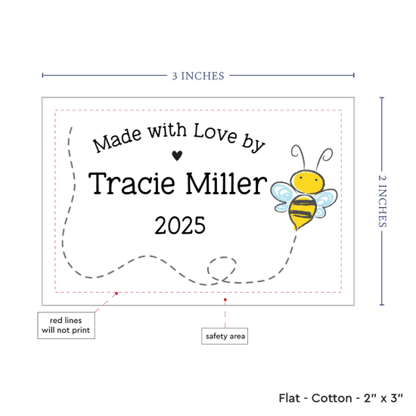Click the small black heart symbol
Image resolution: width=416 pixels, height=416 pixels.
(177, 156)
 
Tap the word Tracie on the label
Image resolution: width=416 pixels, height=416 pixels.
(132, 183)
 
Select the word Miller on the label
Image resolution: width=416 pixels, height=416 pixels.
(226, 183)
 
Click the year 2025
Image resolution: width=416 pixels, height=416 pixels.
(180, 225)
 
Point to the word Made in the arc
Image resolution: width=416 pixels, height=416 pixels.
(117, 139)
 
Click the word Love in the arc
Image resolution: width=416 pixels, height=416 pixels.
(215, 133)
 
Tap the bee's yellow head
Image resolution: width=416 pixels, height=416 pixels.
(308, 182)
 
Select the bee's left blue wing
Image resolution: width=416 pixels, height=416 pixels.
(282, 197)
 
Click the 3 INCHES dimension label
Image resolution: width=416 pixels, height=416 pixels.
(198, 76)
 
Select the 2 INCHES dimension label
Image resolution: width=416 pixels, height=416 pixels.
(382, 201)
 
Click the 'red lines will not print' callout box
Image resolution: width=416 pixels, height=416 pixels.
(66, 325)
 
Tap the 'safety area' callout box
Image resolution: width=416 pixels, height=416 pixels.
(225, 336)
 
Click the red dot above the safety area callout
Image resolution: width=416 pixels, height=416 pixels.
(225, 300)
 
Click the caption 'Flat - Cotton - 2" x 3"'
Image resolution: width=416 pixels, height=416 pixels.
(340, 398)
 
